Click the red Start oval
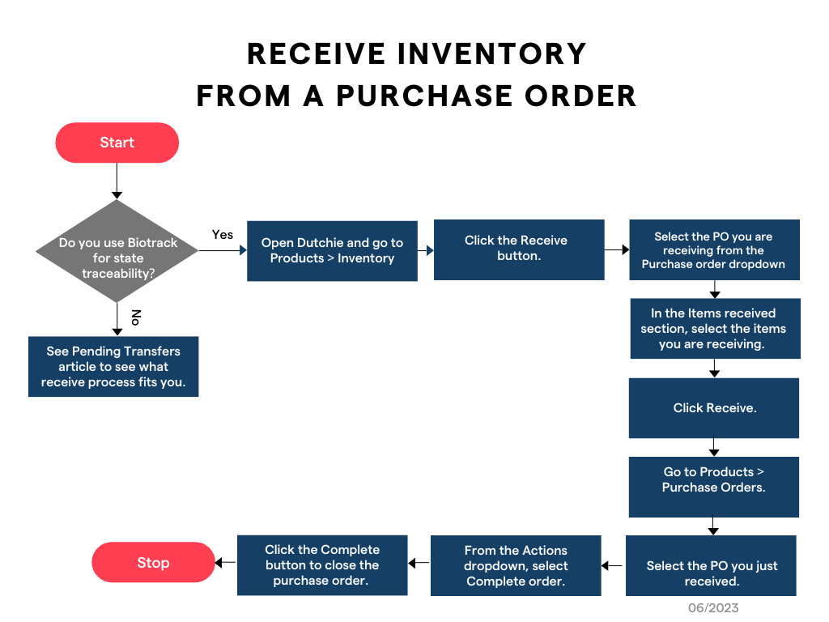click(x=117, y=143)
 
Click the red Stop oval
click(x=152, y=563)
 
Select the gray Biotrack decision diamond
click(x=117, y=251)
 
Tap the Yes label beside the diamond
click(x=223, y=235)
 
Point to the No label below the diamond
click(x=135, y=317)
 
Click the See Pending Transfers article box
click(x=113, y=366)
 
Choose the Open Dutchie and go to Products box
click(x=332, y=250)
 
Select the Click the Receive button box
click(x=519, y=249)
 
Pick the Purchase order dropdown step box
click(x=713, y=249)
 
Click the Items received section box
click(x=715, y=328)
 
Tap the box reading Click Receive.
click(x=714, y=407)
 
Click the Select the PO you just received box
click(x=711, y=565)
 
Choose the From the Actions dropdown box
click(x=516, y=565)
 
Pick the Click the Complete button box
click(x=322, y=564)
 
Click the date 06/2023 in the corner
click(x=713, y=607)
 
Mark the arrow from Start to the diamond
click(x=117, y=181)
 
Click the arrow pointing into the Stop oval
click(x=224, y=563)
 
